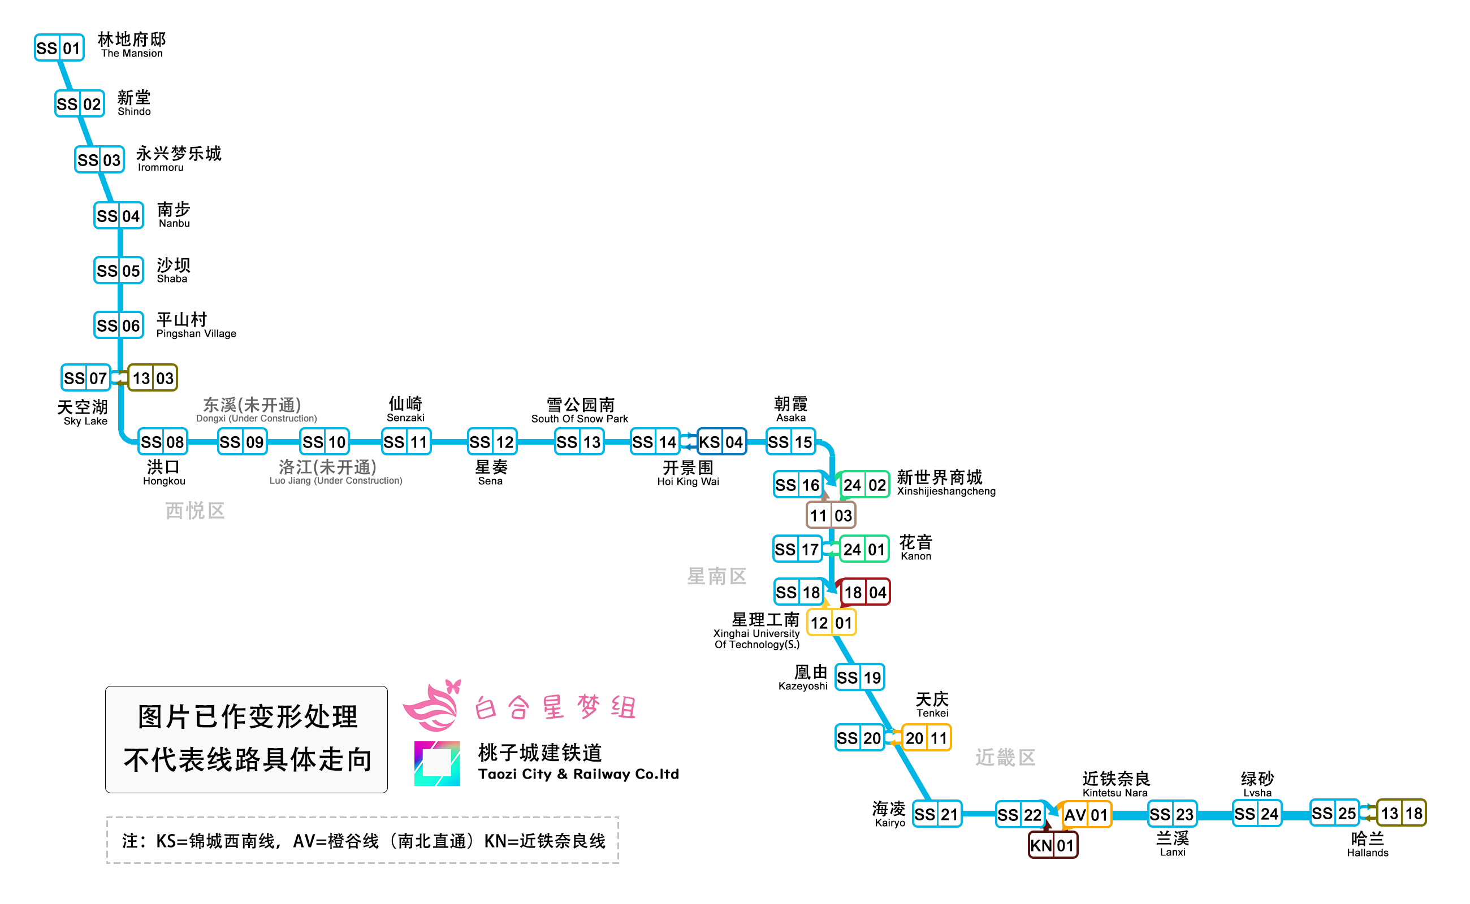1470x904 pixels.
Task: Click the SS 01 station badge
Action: pos(59,48)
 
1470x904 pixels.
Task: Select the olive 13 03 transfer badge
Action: pos(153,378)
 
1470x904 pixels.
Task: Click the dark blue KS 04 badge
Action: pos(721,442)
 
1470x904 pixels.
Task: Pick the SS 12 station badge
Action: pos(492,442)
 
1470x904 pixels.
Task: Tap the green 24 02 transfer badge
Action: pos(864,485)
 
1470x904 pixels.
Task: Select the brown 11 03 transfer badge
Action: pos(831,515)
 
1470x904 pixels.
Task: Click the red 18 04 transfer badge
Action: pos(864,592)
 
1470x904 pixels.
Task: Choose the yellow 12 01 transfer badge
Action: pos(831,623)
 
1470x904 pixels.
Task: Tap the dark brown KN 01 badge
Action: pos(1052,845)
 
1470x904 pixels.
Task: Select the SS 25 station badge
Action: pos(1334,813)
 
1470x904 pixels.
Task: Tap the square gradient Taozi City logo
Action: pos(436,763)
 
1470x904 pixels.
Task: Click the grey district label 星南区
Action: pos(717,576)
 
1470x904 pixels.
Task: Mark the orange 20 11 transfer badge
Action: pos(926,738)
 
